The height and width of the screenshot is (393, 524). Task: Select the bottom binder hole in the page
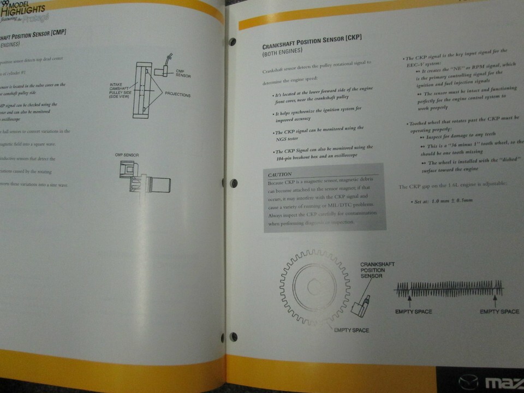234,336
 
